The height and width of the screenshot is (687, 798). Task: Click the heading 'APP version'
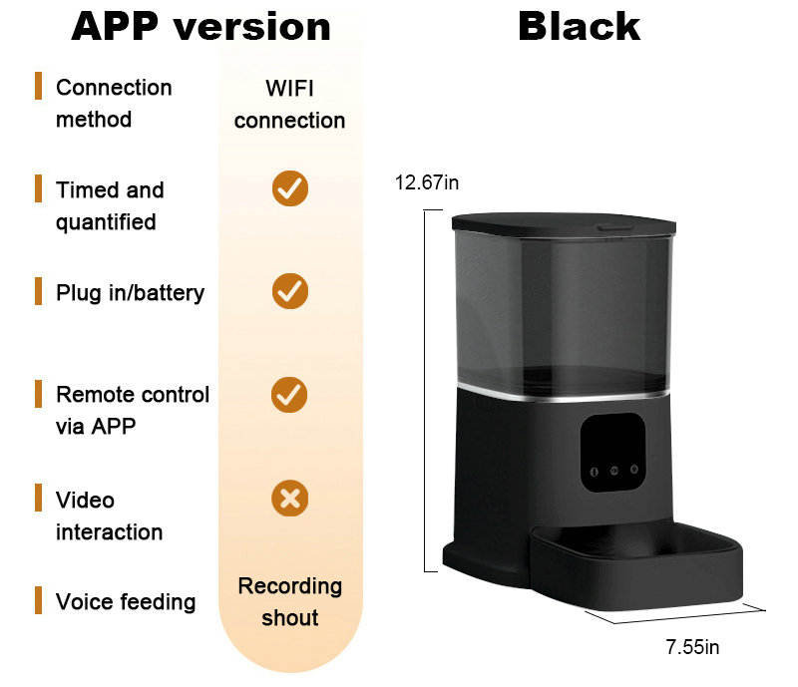pyautogui.click(x=200, y=27)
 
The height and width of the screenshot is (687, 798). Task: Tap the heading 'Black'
pyautogui.click(x=579, y=27)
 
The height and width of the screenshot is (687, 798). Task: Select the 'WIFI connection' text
pyautogui.click(x=289, y=104)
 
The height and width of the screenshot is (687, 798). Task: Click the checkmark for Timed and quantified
pyautogui.click(x=290, y=188)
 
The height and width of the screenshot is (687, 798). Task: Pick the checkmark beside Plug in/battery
pyautogui.click(x=290, y=291)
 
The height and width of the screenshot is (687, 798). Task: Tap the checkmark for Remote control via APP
pyautogui.click(x=290, y=394)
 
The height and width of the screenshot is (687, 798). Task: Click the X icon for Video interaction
pyautogui.click(x=290, y=498)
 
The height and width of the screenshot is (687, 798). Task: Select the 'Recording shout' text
pyautogui.click(x=289, y=601)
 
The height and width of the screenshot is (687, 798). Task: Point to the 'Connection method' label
pyautogui.click(x=113, y=103)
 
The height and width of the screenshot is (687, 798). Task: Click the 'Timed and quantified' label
pyautogui.click(x=109, y=205)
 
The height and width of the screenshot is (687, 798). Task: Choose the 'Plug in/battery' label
pyautogui.click(x=130, y=292)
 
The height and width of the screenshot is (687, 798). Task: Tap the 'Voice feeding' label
pyautogui.click(x=125, y=601)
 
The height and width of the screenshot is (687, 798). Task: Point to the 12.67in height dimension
pyautogui.click(x=427, y=182)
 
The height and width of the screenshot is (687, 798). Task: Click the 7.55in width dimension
pyautogui.click(x=692, y=647)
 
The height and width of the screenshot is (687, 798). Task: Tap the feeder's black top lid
pyautogui.click(x=564, y=223)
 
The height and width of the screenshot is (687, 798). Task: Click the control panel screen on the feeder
pyautogui.click(x=612, y=450)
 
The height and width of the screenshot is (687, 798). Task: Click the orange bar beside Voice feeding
pyautogui.click(x=39, y=600)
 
